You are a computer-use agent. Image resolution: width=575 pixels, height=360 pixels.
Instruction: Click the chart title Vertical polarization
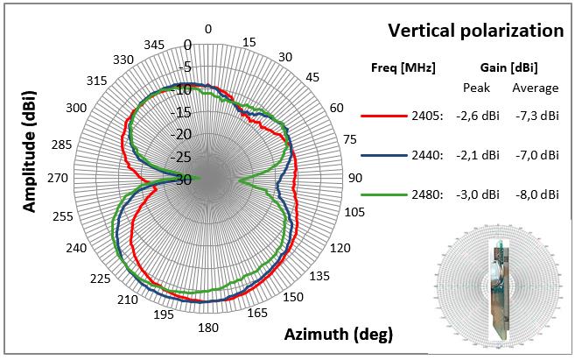[475, 31]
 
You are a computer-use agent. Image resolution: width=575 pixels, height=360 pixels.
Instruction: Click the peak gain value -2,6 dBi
[478, 115]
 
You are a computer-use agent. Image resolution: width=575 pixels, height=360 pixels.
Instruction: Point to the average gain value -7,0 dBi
[536, 155]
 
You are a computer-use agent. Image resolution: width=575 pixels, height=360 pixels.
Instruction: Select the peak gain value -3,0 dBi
[478, 195]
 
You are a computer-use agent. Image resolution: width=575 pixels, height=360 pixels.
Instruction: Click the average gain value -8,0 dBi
[536, 195]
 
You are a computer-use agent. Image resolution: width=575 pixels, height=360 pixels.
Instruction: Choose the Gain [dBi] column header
[508, 67]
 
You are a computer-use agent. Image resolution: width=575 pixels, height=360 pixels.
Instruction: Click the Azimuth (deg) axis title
[339, 334]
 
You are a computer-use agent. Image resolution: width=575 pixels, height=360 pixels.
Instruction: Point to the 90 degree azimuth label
[355, 178]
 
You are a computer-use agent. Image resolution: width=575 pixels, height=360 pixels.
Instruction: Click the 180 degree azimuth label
[207, 328]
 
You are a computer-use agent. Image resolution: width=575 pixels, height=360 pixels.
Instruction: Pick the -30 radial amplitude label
[184, 180]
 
